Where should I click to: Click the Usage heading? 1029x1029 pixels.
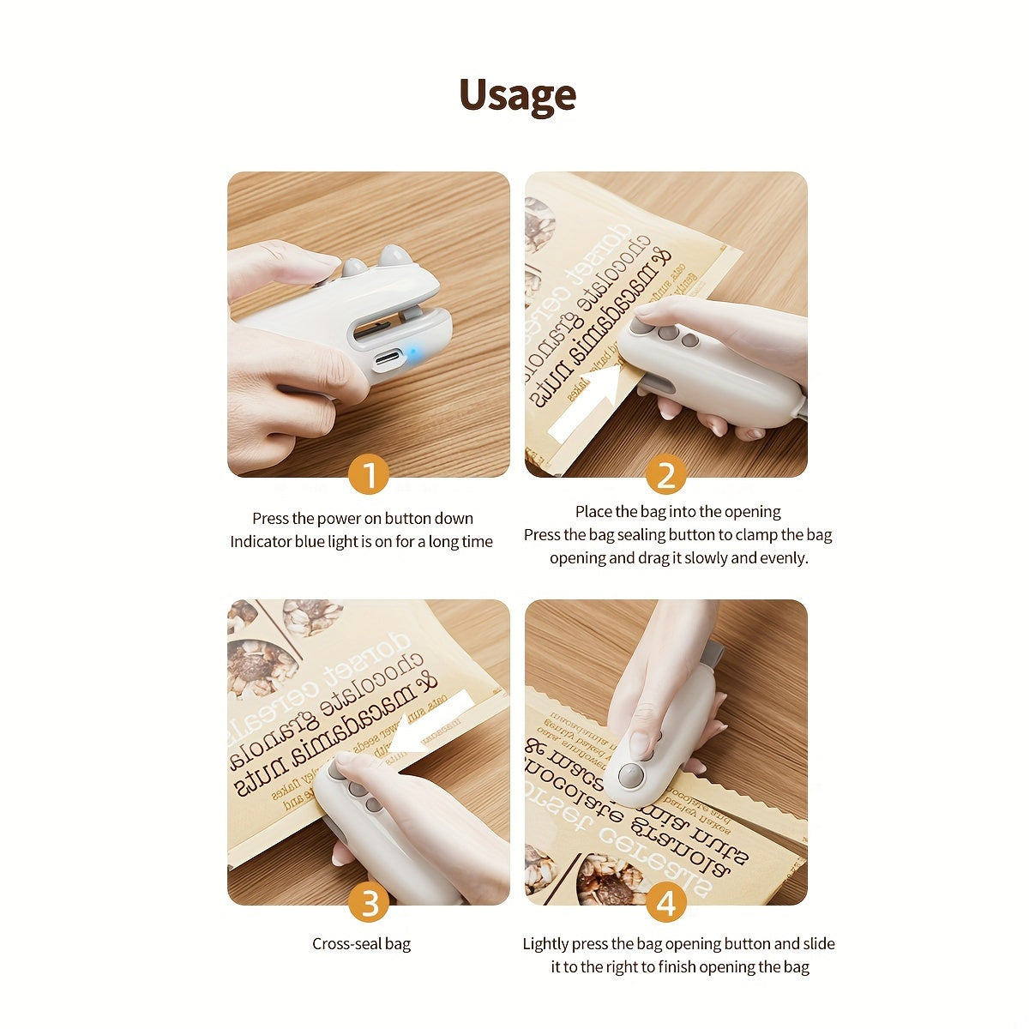click(517, 95)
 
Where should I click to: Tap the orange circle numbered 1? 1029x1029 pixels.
click(369, 475)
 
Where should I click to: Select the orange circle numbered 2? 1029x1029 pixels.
click(665, 475)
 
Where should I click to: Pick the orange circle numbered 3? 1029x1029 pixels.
click(369, 903)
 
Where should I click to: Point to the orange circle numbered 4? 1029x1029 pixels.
click(665, 903)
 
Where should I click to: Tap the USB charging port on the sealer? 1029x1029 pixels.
click(388, 357)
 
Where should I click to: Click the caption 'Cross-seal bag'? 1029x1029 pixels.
click(361, 944)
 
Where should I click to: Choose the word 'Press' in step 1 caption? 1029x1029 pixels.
click(270, 519)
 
